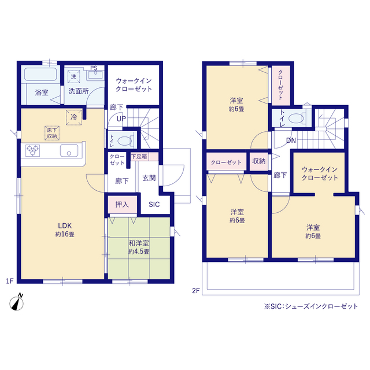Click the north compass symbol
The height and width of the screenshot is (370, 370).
(17, 302)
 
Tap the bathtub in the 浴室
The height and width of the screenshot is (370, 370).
(40, 74)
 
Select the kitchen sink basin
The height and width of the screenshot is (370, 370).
(69, 150)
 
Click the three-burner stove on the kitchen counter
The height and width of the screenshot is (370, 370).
(32, 150)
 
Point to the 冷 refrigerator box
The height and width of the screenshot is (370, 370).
(74, 117)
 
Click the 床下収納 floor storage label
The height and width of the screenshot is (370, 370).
(52, 133)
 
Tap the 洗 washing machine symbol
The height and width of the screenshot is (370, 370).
(73, 76)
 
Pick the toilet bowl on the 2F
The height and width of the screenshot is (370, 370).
(297, 118)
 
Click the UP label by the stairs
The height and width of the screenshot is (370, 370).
(121, 119)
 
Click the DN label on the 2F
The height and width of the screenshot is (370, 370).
(291, 140)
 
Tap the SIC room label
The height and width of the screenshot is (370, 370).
(154, 204)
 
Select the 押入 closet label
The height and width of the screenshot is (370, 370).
(122, 204)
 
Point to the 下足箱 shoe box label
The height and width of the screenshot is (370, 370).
(139, 157)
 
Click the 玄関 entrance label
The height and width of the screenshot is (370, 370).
(149, 177)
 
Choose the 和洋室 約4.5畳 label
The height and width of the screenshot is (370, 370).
(139, 247)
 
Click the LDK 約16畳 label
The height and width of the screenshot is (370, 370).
(65, 230)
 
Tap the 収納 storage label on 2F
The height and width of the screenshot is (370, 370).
(259, 161)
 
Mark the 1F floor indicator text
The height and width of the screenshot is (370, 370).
(10, 281)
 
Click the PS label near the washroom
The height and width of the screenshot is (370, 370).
(94, 68)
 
